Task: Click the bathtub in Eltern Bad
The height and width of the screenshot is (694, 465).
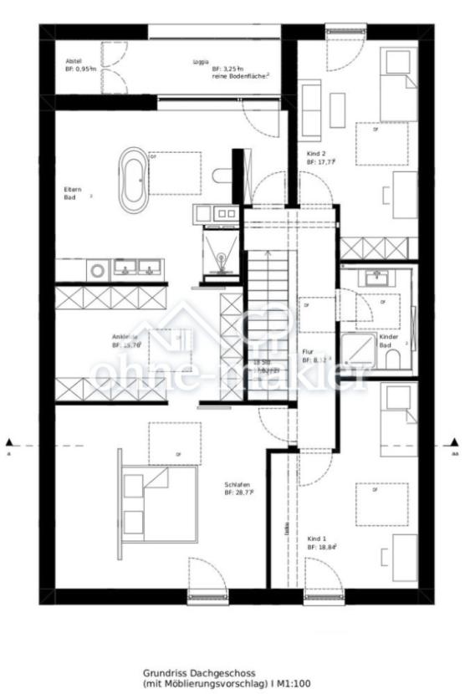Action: click(132, 179)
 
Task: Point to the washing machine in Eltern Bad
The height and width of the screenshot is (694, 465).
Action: click(99, 269)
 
